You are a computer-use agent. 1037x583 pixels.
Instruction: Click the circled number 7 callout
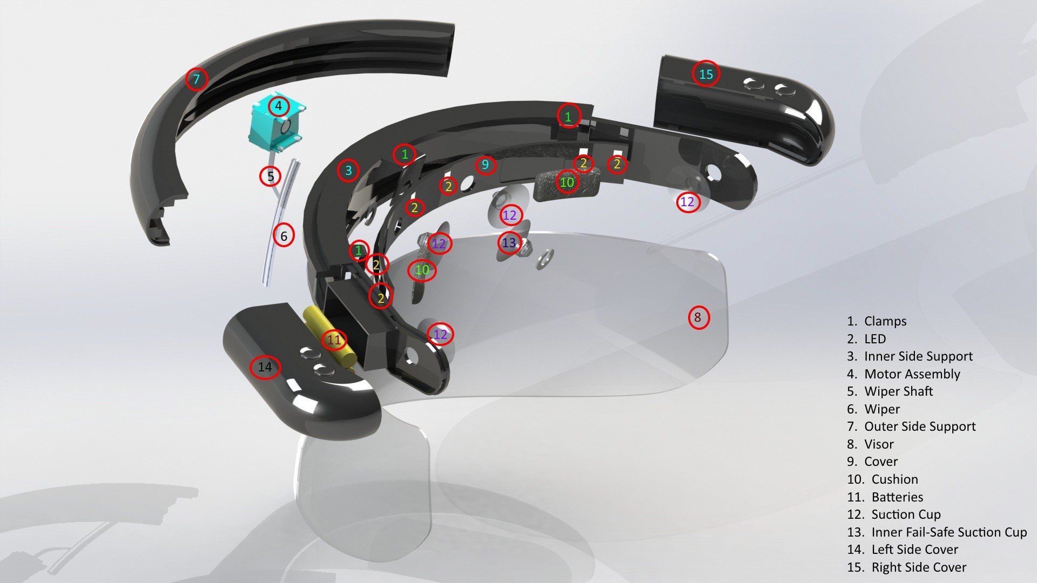(x=197, y=79)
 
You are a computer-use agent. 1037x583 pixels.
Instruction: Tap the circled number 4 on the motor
(x=279, y=106)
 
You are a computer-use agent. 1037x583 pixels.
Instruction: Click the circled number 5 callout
(x=271, y=175)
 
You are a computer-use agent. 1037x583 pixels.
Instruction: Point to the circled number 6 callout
(x=284, y=235)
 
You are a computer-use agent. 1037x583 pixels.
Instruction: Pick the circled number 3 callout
(x=348, y=171)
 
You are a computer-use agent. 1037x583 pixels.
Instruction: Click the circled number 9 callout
(x=485, y=165)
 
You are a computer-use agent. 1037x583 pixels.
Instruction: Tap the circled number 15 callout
(x=706, y=74)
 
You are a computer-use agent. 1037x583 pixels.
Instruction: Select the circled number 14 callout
(x=265, y=367)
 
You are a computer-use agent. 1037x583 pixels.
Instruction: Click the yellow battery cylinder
(x=329, y=338)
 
